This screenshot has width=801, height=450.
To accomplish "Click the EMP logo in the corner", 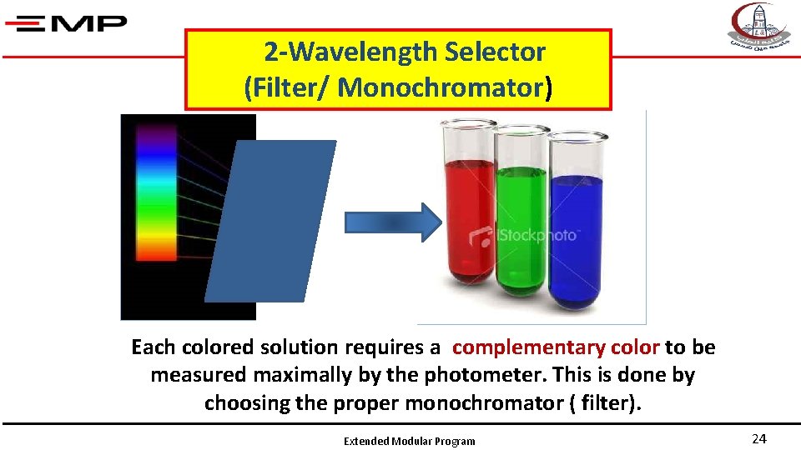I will [66, 22].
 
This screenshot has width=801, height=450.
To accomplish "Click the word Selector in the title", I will [495, 52].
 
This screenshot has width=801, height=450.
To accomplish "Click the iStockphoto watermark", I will [523, 235].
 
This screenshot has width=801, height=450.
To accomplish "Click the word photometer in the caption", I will [458, 375].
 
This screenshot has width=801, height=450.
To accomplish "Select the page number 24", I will [758, 439].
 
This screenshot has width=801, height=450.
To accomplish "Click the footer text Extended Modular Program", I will [409, 441].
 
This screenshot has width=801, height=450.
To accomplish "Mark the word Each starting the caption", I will [153, 347].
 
